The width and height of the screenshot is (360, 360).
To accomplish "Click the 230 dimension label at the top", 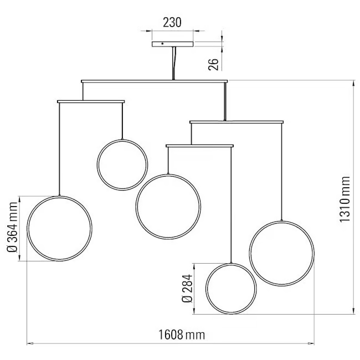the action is pos(172,23).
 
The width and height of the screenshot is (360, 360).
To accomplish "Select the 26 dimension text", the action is pos(213,64).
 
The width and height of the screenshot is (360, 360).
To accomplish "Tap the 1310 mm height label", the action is pos(344,199).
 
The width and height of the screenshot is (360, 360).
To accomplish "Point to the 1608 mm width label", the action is pos(182,335).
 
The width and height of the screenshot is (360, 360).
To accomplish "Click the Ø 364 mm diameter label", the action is pos(13,227).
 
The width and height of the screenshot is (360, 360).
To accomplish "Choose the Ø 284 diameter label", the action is pos(187,289).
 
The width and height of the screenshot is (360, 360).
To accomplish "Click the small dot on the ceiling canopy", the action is pos(162,43).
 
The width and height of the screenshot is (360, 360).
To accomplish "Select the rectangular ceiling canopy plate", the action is pos(173,44).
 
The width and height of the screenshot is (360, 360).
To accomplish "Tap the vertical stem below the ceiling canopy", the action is pos(174,63).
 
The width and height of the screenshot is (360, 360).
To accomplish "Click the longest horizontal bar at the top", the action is pos(155,81).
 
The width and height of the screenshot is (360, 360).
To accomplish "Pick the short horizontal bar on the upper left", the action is pos(91,101).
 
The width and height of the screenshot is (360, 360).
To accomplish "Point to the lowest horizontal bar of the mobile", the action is pos(199,146).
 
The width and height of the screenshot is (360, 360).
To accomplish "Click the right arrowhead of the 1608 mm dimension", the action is pos(311,343).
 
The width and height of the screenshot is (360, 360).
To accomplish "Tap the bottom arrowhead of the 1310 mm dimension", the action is pos(353,311).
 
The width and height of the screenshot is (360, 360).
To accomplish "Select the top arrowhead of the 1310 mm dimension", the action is pos(353,84).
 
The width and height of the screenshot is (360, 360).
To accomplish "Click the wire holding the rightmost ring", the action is pos(281,172).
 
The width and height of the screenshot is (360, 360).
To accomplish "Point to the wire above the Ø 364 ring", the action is pos(59,149).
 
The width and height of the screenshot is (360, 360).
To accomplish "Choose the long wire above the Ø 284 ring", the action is pos(231,205).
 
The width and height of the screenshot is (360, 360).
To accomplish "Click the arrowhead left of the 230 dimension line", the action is pos(149,30).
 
